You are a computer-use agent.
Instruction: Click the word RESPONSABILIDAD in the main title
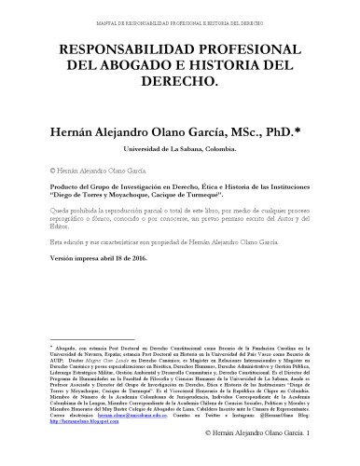111,48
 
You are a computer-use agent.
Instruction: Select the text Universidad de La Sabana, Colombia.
179,148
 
